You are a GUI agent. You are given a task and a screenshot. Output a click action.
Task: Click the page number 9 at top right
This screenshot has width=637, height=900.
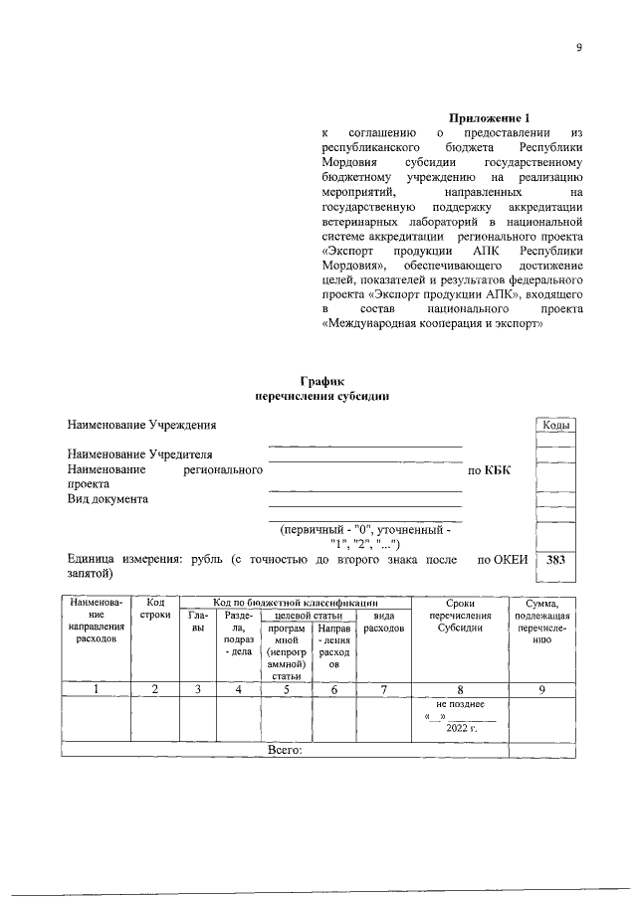click(578, 49)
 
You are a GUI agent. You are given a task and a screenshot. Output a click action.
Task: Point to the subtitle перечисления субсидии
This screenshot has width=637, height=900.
click(321, 396)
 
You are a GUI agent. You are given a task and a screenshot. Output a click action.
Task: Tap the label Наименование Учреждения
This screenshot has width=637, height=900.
click(141, 427)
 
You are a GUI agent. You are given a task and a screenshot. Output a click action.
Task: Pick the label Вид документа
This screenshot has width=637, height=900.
click(107, 499)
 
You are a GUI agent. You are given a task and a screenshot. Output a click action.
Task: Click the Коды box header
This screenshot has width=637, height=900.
click(555, 426)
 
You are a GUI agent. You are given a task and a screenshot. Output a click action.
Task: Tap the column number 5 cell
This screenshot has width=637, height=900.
click(286, 688)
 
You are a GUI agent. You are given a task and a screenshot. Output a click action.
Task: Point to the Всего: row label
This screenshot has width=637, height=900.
click(285, 750)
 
